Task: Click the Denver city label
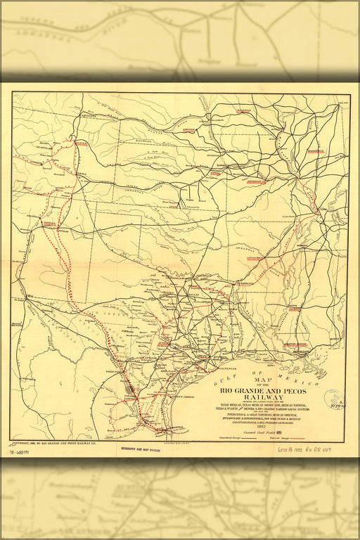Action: click(x=82, y=143)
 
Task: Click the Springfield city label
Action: click(x=315, y=150)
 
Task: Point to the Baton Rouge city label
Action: click(x=295, y=345)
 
